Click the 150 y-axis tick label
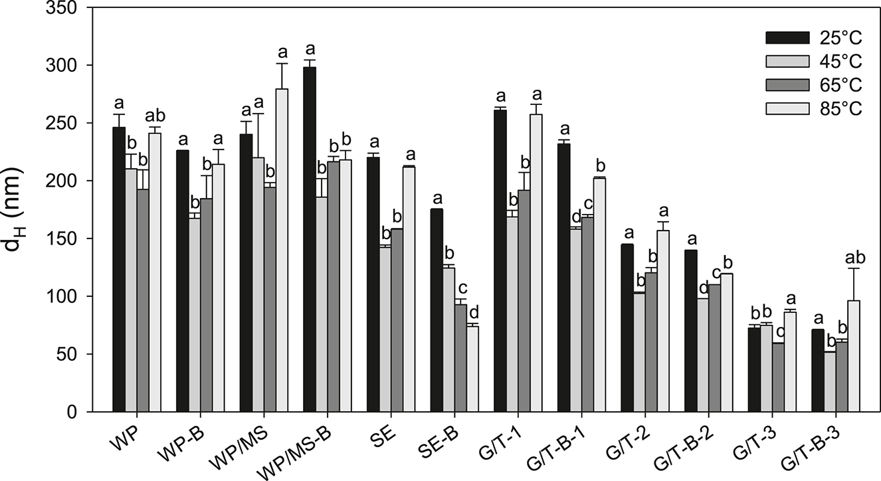coord(76,239)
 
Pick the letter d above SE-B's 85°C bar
coord(473,312)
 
